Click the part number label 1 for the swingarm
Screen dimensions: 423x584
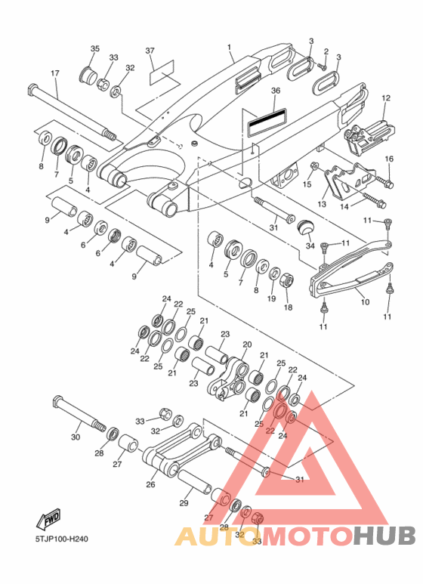click(229, 48)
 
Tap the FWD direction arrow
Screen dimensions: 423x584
click(48, 519)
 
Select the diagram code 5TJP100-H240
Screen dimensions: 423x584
click(61, 539)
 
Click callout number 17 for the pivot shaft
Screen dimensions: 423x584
click(54, 73)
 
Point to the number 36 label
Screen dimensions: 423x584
click(276, 91)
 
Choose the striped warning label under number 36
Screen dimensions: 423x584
click(267, 122)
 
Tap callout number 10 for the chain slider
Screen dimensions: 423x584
click(365, 301)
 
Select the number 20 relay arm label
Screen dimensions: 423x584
click(247, 345)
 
